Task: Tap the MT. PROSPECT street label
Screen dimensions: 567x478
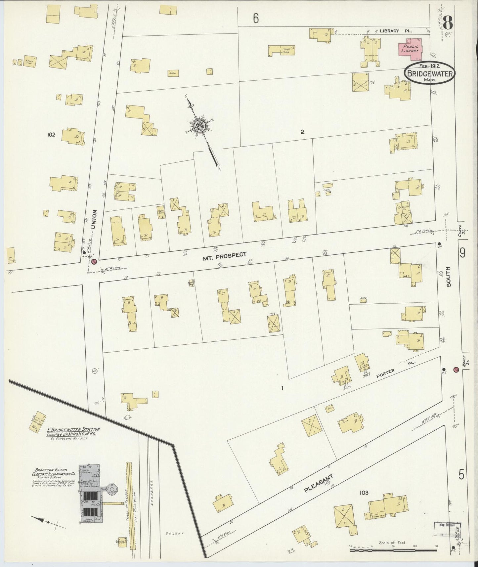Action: (225, 255)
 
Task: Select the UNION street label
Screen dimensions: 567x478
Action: (95, 219)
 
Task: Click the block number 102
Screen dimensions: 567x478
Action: (51, 135)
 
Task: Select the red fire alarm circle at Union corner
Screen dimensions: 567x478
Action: (95, 262)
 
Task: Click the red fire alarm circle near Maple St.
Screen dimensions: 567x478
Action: (456, 370)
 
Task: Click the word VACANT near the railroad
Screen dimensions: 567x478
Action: (175, 533)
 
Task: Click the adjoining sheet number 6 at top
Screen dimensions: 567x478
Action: (255, 18)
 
